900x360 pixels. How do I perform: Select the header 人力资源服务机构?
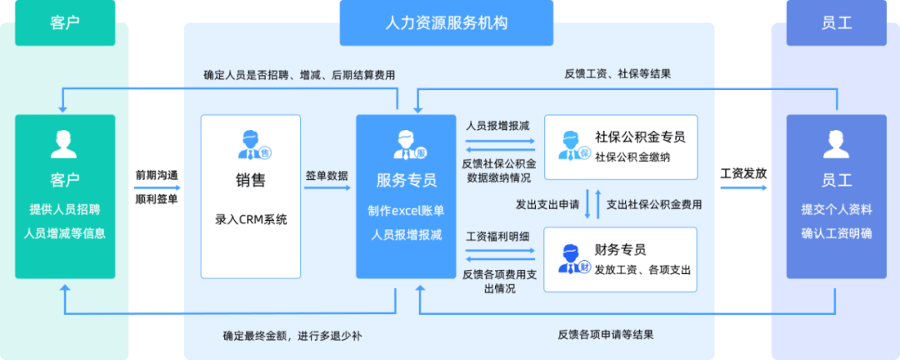click(448, 22)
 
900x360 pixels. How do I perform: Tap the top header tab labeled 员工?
click(836, 22)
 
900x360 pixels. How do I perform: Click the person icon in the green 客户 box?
click(64, 145)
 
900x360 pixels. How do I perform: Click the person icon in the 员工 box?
click(836, 145)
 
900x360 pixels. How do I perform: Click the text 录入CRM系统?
click(250, 220)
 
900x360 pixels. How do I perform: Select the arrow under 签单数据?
click(327, 189)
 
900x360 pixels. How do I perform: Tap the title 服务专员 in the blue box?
click(407, 180)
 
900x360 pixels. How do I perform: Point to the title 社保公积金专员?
click(634, 137)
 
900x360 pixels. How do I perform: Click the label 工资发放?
click(742, 174)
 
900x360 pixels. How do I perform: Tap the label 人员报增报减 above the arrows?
click(497, 125)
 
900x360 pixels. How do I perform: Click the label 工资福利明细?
click(497, 237)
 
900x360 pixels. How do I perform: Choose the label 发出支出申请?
click(547, 204)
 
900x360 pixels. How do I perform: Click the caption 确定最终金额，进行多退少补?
click(292, 336)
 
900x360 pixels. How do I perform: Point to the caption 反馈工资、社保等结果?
click(617, 73)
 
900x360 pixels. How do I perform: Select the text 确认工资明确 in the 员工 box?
click(836, 233)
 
